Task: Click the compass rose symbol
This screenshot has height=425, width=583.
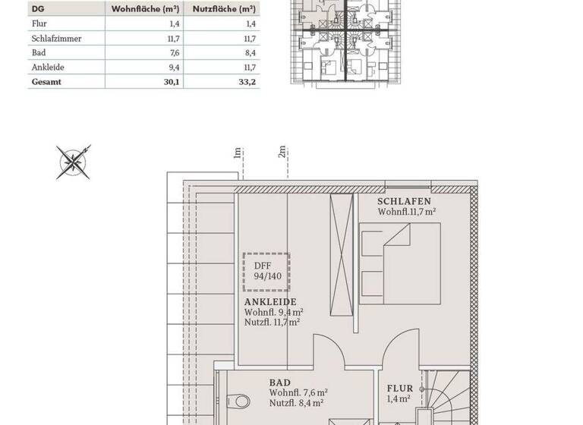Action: pos(74,161)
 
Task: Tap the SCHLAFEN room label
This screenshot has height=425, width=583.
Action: pos(404,202)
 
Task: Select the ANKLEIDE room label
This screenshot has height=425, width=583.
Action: pos(270,301)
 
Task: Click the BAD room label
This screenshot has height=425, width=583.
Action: pos(279,383)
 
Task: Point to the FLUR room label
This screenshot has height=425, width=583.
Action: pos(399,387)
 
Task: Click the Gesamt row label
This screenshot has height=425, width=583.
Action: pos(44,83)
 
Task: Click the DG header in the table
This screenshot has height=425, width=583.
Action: pos(37,10)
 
